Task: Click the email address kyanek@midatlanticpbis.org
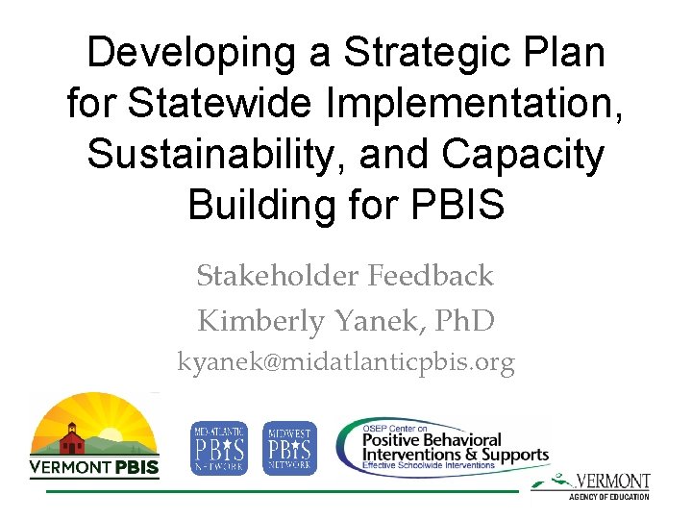tap(346, 362)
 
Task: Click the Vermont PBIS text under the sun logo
tap(94, 468)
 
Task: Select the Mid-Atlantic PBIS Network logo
tap(219, 448)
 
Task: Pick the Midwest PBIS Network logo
tap(289, 448)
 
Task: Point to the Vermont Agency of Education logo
tap(601, 484)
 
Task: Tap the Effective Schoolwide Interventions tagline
tap(428, 465)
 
